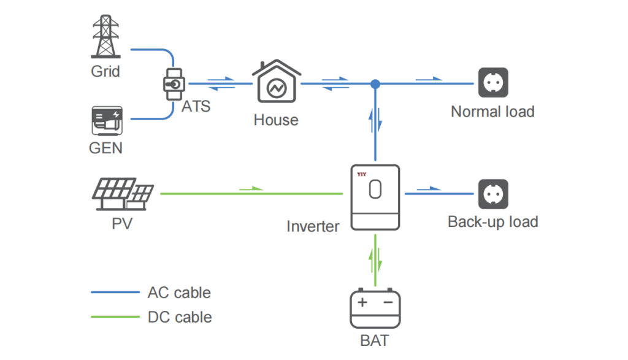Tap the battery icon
point(375,310)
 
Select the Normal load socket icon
point(493,83)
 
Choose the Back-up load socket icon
point(493,194)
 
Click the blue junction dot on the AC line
point(375,83)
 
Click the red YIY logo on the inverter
point(361,174)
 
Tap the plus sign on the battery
point(362,302)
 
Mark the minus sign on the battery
point(388,302)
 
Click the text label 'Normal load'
point(492,112)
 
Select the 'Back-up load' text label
point(492,222)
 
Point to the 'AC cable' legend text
point(179,293)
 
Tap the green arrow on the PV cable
point(251,189)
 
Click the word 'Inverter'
point(313,226)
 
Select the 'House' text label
point(275,120)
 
